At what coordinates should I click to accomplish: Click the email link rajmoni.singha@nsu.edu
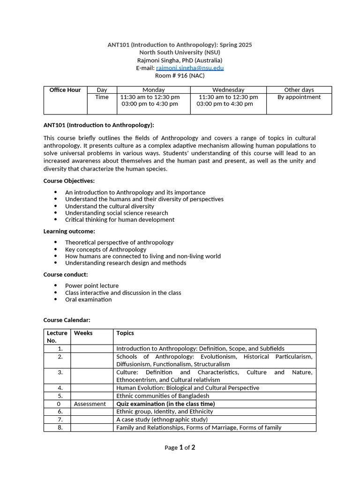pyautogui.click(x=189, y=68)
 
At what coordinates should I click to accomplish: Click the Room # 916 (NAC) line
pyautogui.click(x=180, y=75)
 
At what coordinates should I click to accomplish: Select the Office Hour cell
pyautogui.click(x=65, y=90)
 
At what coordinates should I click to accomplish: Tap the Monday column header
pyautogui.click(x=153, y=90)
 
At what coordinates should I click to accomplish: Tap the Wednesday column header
pyautogui.click(x=228, y=90)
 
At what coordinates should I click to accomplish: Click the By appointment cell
pyautogui.click(x=299, y=97)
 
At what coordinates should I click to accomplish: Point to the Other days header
pyautogui.click(x=299, y=90)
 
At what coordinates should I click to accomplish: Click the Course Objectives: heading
pyautogui.click(x=69, y=181)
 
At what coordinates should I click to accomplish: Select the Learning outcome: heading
pyautogui.click(x=69, y=231)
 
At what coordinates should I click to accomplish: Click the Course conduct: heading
pyautogui.click(x=66, y=275)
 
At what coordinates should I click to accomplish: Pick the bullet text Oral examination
pyautogui.click(x=88, y=300)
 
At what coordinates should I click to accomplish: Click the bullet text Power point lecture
pyautogui.click(x=92, y=285)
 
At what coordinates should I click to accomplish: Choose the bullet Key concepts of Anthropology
pyautogui.click(x=105, y=249)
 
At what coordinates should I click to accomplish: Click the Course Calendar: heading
pyautogui.click(x=67, y=320)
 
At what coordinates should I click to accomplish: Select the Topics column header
pyautogui.click(x=125, y=333)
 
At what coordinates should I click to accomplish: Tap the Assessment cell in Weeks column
pyautogui.click(x=90, y=404)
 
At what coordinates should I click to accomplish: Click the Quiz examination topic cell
pyautogui.click(x=165, y=404)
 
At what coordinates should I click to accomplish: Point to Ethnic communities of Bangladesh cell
pyautogui.click(x=163, y=396)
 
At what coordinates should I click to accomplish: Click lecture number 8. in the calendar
pyautogui.click(x=60, y=427)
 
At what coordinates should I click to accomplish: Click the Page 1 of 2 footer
pyautogui.click(x=180, y=448)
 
